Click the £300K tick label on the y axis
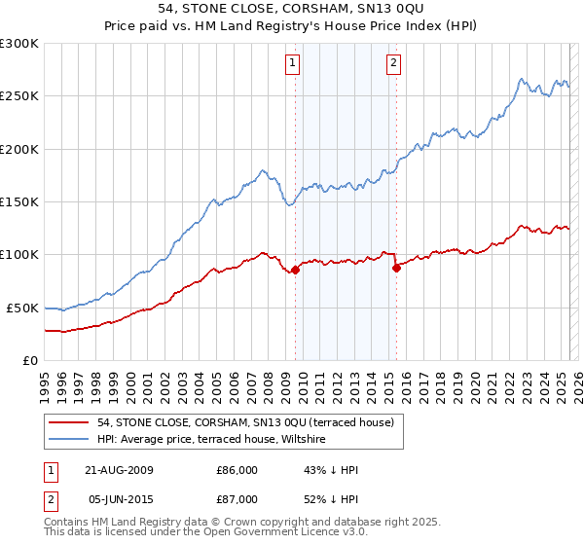tap(19, 44)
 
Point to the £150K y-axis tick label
tap(19, 202)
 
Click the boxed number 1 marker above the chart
tap(293, 64)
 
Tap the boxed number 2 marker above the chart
tap(393, 64)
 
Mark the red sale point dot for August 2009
tap(296, 270)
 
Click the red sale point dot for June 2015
tap(396, 269)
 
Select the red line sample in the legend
tap(68, 422)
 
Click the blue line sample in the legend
tap(68, 439)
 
